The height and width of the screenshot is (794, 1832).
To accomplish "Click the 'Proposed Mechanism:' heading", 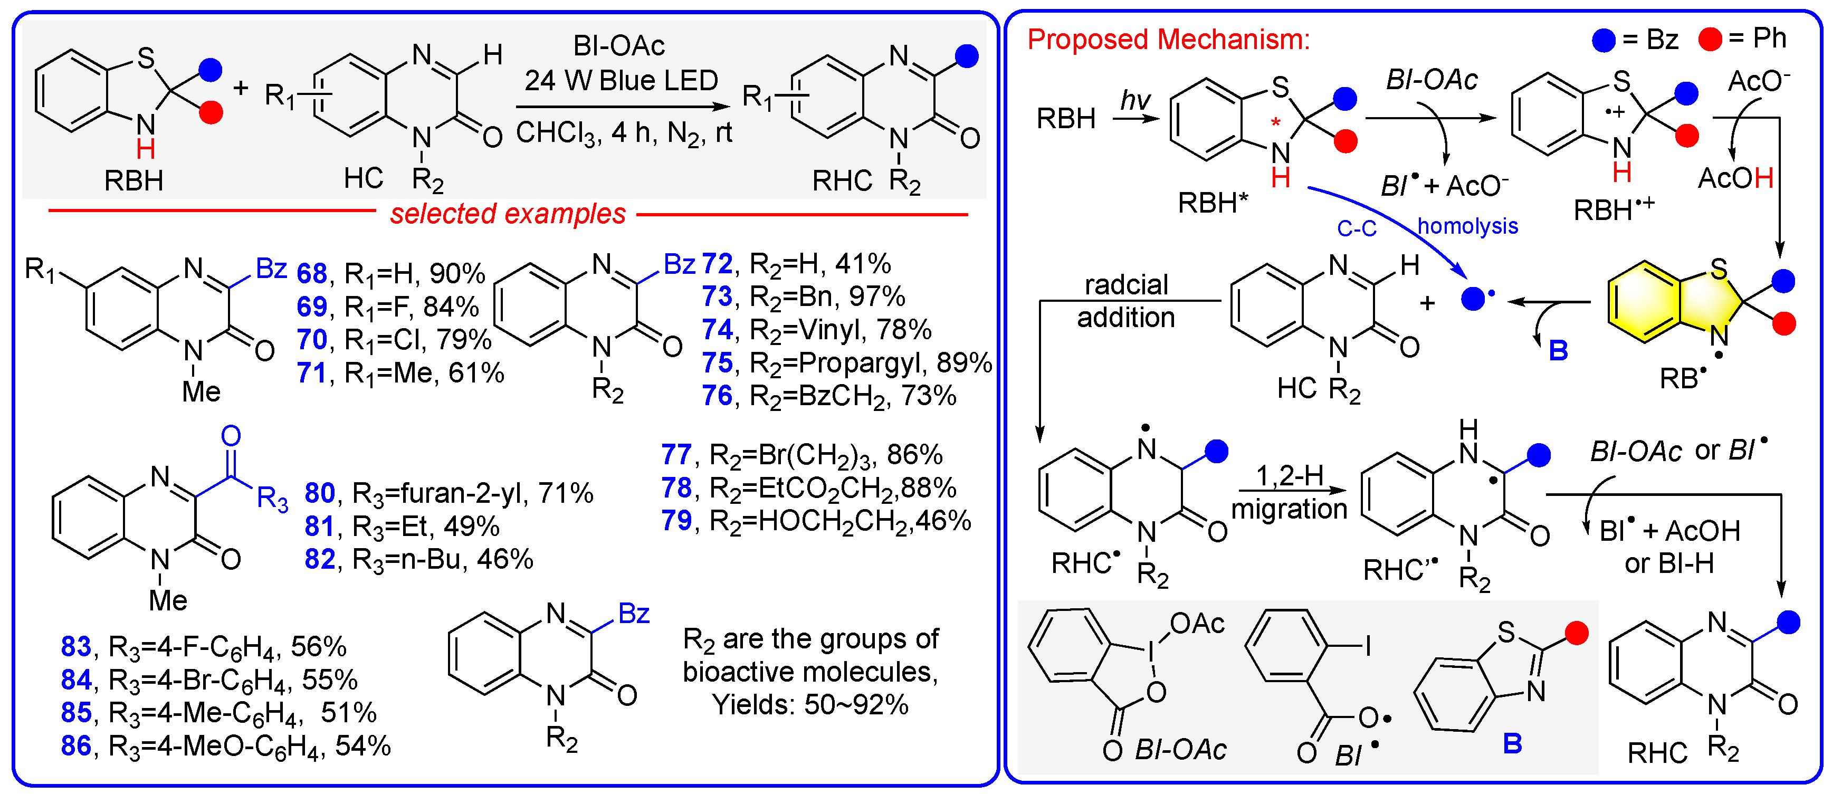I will click(1168, 39).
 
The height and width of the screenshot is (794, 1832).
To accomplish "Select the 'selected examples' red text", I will click(508, 213).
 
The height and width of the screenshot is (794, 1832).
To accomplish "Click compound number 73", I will click(717, 296).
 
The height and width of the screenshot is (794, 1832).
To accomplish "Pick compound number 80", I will click(319, 493).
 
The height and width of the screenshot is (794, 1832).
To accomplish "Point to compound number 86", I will click(76, 745).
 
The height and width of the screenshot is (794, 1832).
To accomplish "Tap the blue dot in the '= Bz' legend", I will click(1603, 39).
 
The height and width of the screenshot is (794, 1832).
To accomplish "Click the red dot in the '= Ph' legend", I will click(1710, 39).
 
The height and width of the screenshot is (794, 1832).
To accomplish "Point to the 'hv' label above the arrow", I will click(1135, 100).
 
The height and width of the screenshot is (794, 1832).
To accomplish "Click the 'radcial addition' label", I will click(1126, 301).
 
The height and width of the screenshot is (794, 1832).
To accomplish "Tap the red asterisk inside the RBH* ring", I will click(1276, 123).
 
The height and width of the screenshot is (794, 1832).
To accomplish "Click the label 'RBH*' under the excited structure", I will click(1213, 203).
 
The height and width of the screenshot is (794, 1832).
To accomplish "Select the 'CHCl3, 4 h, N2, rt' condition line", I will click(624, 133).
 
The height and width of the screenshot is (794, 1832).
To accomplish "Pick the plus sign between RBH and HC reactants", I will click(241, 88).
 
